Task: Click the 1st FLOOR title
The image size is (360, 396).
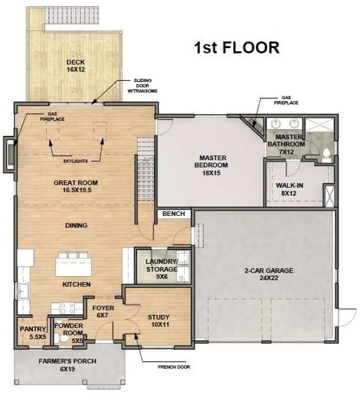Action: (x=237, y=47)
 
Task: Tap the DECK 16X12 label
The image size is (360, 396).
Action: (x=76, y=66)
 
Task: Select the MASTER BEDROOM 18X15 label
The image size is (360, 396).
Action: (x=211, y=165)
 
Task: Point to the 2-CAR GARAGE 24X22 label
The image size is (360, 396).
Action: (x=269, y=274)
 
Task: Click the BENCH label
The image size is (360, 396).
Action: (x=174, y=214)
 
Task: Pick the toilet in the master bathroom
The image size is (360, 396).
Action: (x=326, y=155)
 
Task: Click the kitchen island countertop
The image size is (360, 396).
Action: (x=74, y=267)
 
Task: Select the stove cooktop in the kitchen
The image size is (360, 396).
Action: (x=67, y=308)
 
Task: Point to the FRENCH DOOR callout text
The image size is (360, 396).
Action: (x=174, y=367)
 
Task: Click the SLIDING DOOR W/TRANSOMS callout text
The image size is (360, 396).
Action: (x=142, y=85)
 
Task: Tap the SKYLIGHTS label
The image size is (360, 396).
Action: (x=75, y=161)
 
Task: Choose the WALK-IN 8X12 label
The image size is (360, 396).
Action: (x=289, y=189)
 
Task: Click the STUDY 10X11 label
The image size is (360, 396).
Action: (x=159, y=321)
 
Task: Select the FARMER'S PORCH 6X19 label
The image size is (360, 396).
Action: (x=67, y=365)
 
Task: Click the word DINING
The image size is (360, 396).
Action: (x=76, y=225)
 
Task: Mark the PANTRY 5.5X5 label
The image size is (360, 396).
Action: (x=33, y=333)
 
